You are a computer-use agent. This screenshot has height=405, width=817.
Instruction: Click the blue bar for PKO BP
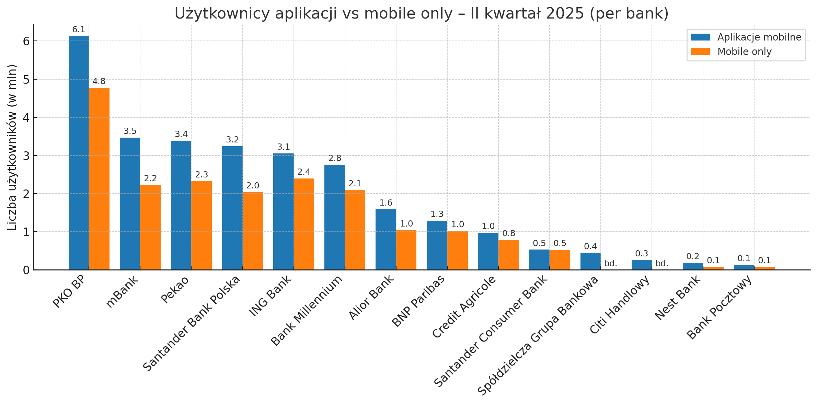point(79,153)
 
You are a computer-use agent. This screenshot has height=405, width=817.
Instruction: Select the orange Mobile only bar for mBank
point(150,227)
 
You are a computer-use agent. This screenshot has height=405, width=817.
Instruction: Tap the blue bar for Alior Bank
point(386,239)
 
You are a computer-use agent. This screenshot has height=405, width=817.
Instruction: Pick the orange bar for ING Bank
point(304,224)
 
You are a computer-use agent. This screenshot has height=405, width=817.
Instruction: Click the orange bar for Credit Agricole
point(509,255)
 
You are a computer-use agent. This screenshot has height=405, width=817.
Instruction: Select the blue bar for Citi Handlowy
point(642,265)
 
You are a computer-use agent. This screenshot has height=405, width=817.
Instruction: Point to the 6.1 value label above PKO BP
point(79,30)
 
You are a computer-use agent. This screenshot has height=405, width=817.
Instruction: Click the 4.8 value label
point(99,82)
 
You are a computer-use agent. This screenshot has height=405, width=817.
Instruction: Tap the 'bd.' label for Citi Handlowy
point(662,264)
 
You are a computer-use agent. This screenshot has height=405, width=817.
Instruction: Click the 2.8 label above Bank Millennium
point(335,158)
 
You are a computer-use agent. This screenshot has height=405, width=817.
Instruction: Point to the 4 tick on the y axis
point(26,118)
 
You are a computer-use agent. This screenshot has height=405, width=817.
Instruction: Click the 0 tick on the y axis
point(26,270)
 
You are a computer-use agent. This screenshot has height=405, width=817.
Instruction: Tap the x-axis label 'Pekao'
point(175,290)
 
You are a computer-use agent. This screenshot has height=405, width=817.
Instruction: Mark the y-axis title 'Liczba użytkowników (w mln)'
point(12,147)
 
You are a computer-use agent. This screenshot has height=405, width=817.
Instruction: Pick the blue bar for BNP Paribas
point(437,245)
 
